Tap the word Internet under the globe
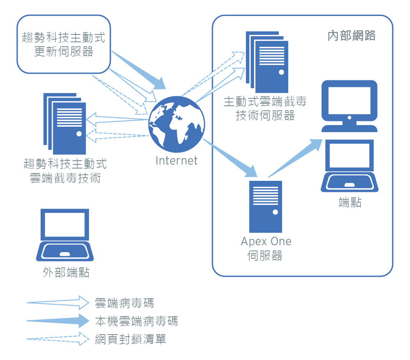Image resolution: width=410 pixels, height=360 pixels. (x=176, y=160)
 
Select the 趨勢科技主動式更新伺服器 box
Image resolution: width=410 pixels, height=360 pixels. (x=64, y=45)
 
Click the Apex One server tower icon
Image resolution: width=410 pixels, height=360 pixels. (x=266, y=207)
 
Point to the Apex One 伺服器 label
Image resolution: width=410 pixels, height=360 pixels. (x=266, y=248)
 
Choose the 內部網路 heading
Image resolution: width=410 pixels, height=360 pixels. (x=352, y=36)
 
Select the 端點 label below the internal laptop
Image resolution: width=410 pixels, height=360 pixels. (x=350, y=202)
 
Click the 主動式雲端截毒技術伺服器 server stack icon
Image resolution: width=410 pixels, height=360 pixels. (x=267, y=62)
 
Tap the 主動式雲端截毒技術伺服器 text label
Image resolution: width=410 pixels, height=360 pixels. (x=265, y=108)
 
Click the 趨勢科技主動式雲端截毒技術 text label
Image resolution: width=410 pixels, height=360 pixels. (x=66, y=171)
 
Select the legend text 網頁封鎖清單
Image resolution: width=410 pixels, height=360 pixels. (x=130, y=339)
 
